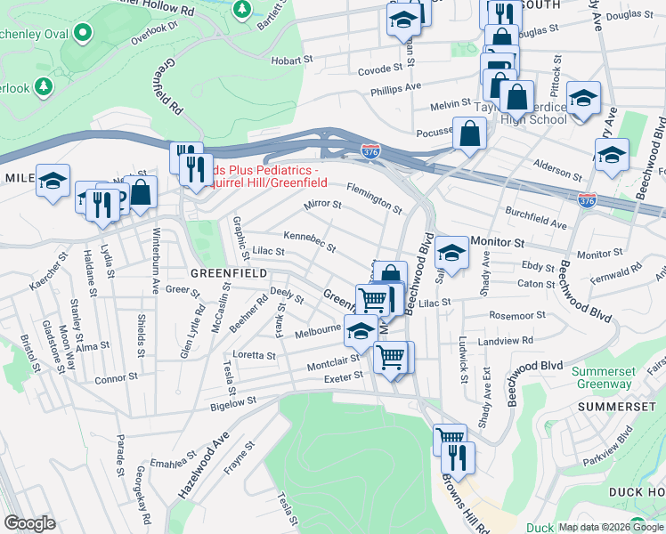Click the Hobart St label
[294, 61]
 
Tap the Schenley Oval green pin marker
[83, 34]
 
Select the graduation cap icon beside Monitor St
[451, 254]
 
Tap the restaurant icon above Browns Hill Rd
[458, 457]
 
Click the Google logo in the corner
[29, 523]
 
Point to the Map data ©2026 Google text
[610, 527]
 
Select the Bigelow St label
[233, 401]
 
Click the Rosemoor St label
[517, 315]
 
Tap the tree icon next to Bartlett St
[241, 10]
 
